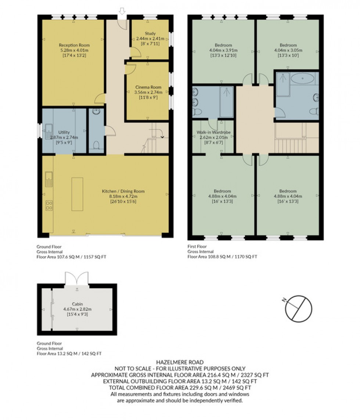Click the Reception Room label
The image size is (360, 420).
[73, 45]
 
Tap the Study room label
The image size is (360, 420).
[150, 33]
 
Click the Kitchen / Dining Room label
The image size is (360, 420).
[123, 191]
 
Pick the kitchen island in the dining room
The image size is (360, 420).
[77, 194]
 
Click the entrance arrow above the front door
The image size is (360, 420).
[122, 12]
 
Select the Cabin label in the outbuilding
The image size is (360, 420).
[77, 304]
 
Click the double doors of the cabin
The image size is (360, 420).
[77, 279]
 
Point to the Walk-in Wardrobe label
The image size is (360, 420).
[213, 132]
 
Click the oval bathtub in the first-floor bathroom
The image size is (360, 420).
[302, 79]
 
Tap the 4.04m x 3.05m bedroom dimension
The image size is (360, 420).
[288, 50]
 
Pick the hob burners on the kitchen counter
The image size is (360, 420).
[48, 205]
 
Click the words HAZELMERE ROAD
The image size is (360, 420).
[180, 362]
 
